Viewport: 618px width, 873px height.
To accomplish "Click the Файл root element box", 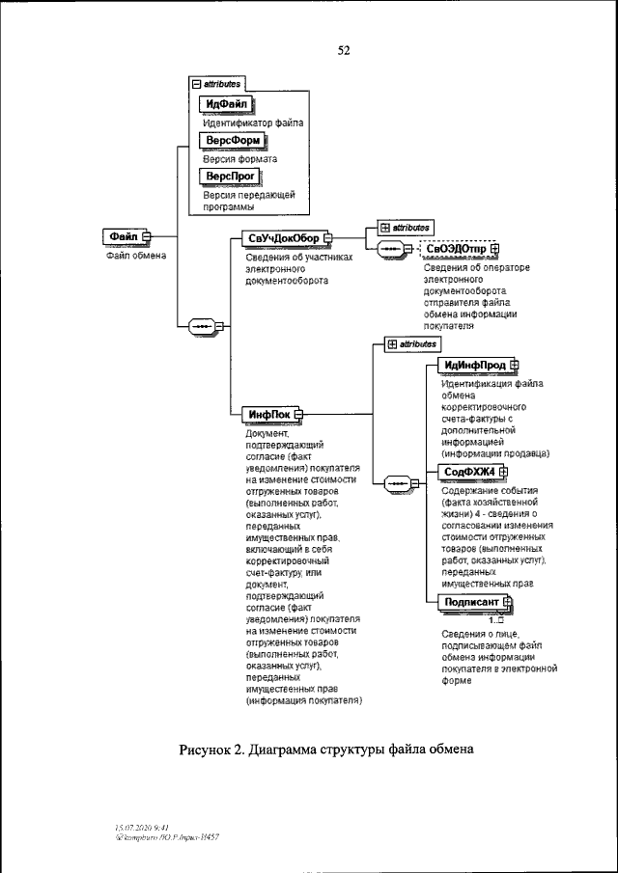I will [x=123, y=235].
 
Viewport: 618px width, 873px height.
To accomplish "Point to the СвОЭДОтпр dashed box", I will [x=457, y=249].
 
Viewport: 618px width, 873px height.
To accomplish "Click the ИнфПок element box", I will [x=270, y=414].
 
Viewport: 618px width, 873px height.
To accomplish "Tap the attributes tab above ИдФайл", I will [x=219, y=84].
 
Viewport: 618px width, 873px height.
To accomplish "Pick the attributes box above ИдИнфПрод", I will [x=412, y=342].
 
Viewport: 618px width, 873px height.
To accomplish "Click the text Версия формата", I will [x=239, y=159].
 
